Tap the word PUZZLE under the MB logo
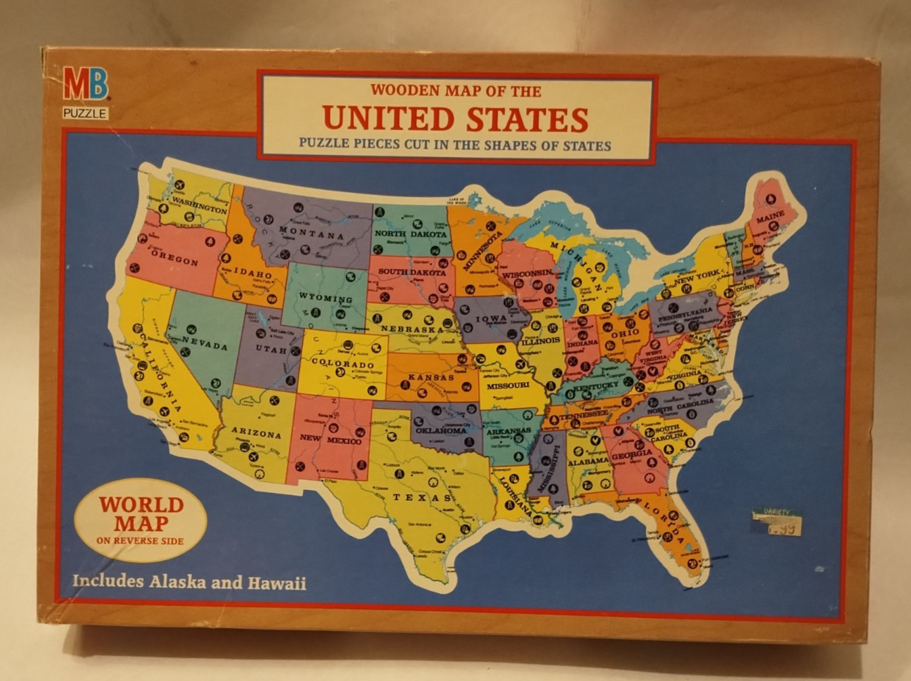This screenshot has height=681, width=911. (x=85, y=113)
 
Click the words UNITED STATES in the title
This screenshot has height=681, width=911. (x=455, y=118)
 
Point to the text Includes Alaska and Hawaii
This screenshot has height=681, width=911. (x=189, y=581)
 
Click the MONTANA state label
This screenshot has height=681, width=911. (x=312, y=234)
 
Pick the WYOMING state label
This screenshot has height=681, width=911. (x=325, y=299)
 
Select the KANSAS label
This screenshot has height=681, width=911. (x=431, y=377)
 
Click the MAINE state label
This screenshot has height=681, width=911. (x=770, y=216)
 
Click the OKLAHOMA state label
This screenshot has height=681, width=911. (x=440, y=430)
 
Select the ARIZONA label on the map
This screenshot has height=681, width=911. (x=256, y=434)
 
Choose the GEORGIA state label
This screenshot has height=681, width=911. (x=632, y=455)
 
